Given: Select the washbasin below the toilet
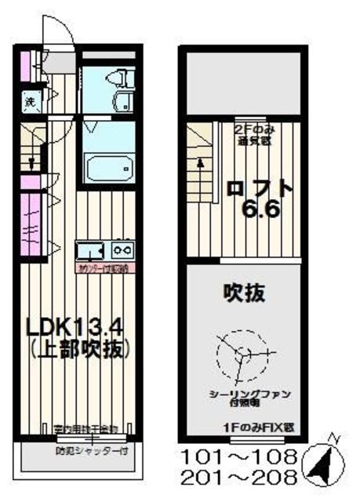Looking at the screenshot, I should pos(124,102).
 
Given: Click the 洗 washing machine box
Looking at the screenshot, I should pos(27,102).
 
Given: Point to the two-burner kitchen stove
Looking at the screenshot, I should pos(124,250).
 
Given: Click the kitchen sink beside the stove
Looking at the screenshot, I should pos(90,251).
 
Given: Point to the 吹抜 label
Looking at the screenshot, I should pos(242,294).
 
